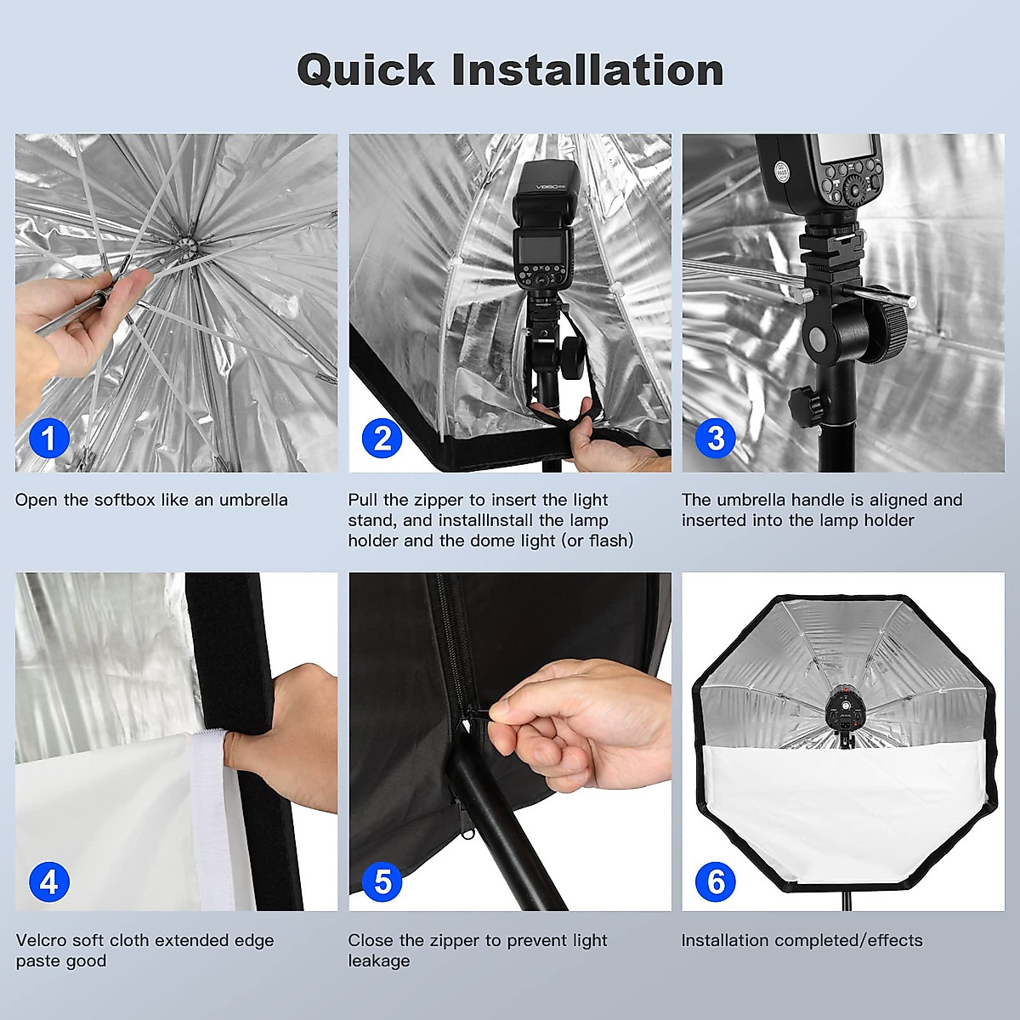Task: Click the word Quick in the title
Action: click(365, 70)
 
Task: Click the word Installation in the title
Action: click(587, 70)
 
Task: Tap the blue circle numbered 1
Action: click(49, 439)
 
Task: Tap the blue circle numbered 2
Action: click(382, 439)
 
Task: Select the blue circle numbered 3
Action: click(716, 439)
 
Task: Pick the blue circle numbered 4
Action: click(49, 882)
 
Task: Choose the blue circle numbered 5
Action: click(382, 882)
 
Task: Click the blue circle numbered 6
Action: click(716, 882)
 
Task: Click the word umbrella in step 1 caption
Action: click(253, 500)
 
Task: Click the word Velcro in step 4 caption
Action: click(41, 940)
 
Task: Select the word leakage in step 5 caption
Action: click(378, 961)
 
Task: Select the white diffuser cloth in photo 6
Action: click(841, 799)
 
